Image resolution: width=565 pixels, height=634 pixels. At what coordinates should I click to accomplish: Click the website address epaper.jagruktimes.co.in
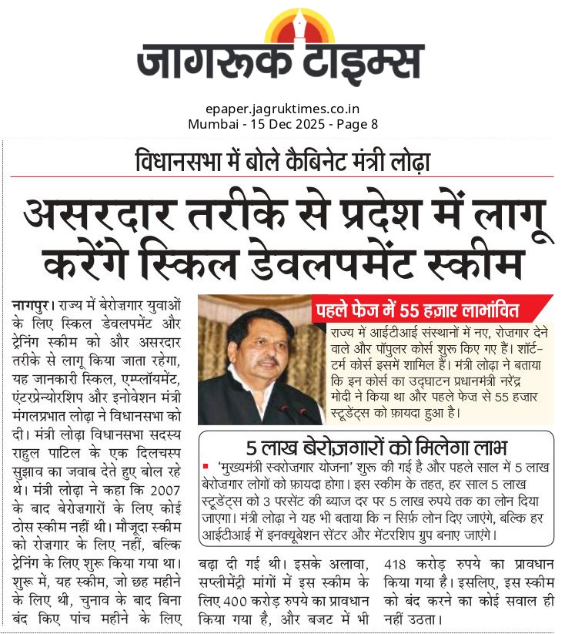(x=282, y=109)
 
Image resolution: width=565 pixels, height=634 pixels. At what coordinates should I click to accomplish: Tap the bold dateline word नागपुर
(x=32, y=304)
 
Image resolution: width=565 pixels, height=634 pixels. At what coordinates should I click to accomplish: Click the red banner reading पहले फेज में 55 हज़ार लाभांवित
(x=431, y=311)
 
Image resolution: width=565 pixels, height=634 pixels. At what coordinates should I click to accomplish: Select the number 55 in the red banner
(x=428, y=311)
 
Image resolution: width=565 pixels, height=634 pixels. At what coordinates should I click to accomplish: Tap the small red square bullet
(x=206, y=466)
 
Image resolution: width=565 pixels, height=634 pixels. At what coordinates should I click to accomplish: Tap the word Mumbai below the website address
(x=209, y=124)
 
